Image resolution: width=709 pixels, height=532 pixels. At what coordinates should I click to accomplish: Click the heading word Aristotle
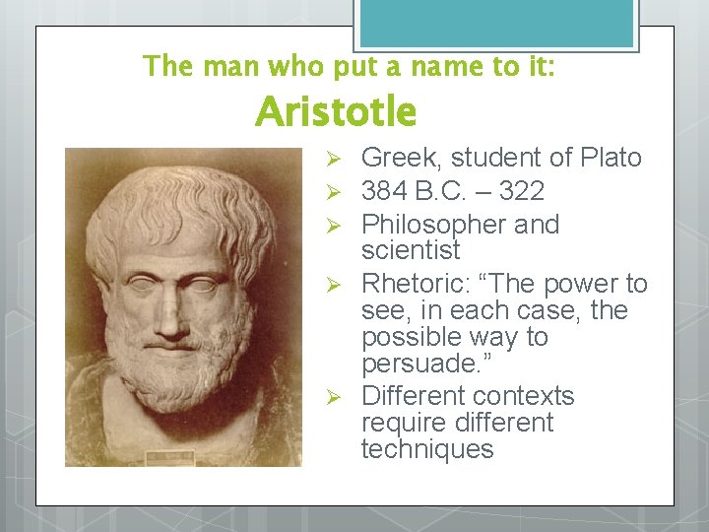(336, 112)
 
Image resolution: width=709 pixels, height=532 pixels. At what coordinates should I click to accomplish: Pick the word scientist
(411, 249)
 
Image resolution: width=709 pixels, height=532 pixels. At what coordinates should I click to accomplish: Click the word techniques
(426, 449)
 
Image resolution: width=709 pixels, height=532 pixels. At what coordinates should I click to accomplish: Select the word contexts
(523, 396)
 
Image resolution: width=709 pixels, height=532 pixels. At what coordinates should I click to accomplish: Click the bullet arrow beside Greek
(334, 159)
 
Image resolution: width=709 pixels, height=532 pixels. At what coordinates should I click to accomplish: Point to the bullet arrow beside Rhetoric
(334, 285)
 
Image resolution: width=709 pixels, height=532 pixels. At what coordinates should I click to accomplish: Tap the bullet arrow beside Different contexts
(334, 397)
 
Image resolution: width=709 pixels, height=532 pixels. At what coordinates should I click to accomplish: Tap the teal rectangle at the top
(495, 23)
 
